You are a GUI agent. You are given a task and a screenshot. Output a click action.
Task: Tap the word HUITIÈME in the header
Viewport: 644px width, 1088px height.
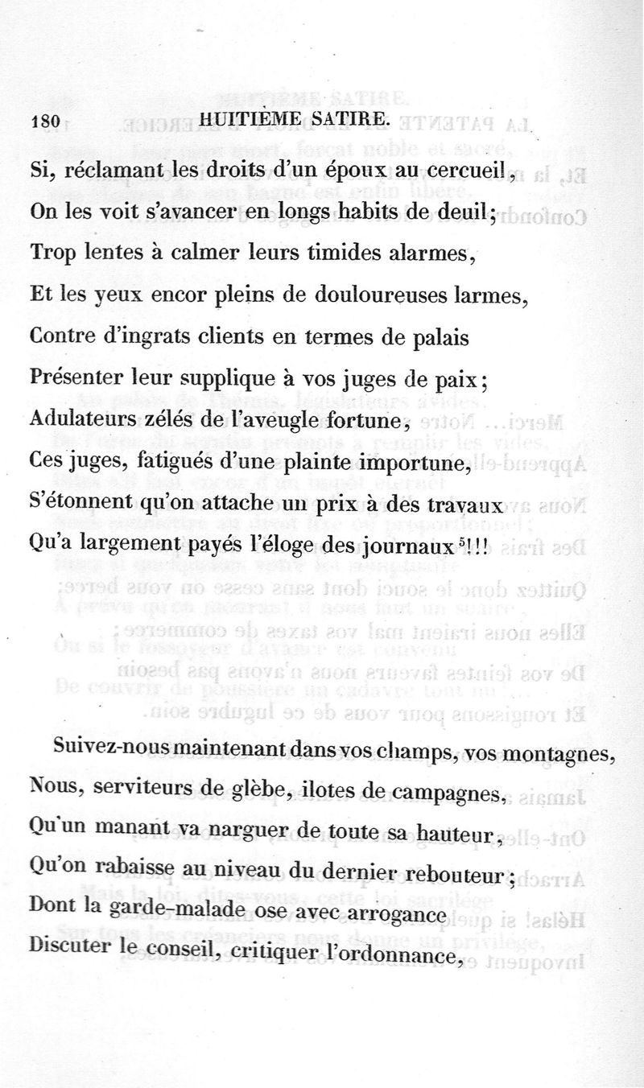tap(252, 119)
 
